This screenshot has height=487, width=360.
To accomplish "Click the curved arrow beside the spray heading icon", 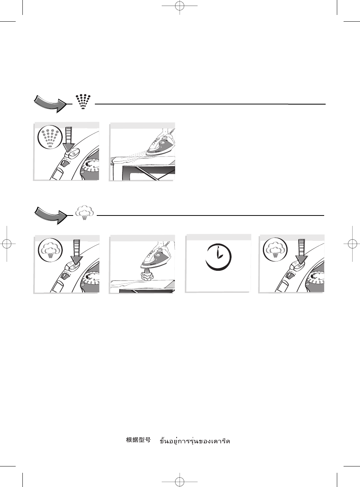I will tap(50, 103).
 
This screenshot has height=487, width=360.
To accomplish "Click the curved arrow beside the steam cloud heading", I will tap(50, 215).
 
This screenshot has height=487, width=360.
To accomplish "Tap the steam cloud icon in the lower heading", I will tap(85, 213).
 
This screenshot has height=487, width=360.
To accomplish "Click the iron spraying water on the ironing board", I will tap(158, 146).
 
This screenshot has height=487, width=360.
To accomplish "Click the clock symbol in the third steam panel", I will tap(218, 257).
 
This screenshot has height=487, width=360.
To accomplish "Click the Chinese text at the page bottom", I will tap(138, 440).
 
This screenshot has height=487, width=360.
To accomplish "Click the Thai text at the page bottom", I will tap(195, 441).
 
